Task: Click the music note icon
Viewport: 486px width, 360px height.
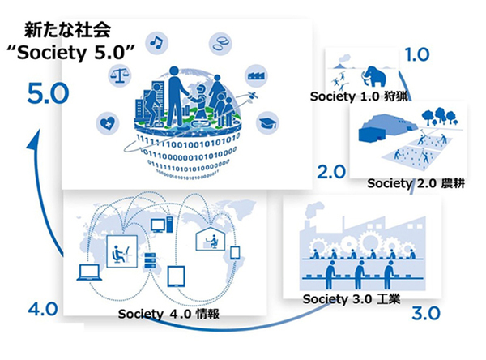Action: (x=156, y=42)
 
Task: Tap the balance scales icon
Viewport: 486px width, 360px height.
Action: (x=120, y=75)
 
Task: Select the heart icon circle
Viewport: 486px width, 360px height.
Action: (x=108, y=123)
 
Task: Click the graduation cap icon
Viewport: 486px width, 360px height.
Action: (x=267, y=122)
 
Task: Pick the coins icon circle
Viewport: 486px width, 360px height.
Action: (x=220, y=44)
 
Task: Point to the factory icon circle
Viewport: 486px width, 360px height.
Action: (x=256, y=75)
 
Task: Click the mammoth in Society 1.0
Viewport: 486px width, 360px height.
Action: (x=374, y=76)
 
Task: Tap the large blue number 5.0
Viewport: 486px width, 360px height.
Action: (x=48, y=93)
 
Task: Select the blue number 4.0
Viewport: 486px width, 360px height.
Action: (x=43, y=309)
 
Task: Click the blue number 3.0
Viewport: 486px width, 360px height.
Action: (x=426, y=313)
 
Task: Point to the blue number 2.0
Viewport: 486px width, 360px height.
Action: (x=331, y=172)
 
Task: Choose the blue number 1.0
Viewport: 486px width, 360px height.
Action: (x=417, y=54)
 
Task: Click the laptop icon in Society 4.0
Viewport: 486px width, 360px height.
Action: (x=89, y=272)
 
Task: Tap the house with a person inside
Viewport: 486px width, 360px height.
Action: (x=210, y=238)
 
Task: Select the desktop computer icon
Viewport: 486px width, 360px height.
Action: (x=161, y=225)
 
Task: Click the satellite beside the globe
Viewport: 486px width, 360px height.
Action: (x=252, y=96)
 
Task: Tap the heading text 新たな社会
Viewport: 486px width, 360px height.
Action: (x=67, y=30)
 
